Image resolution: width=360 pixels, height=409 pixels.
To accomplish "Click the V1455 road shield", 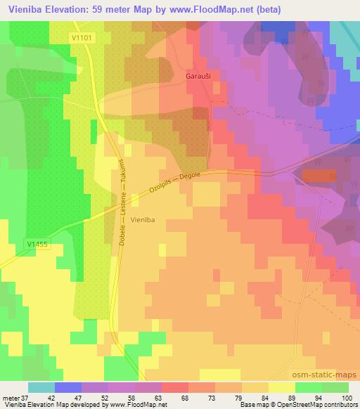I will [x=37, y=243].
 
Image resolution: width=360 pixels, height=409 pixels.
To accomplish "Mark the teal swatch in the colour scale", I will [x=41, y=387].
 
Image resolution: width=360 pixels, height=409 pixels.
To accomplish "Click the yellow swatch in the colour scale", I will [x=281, y=387].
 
